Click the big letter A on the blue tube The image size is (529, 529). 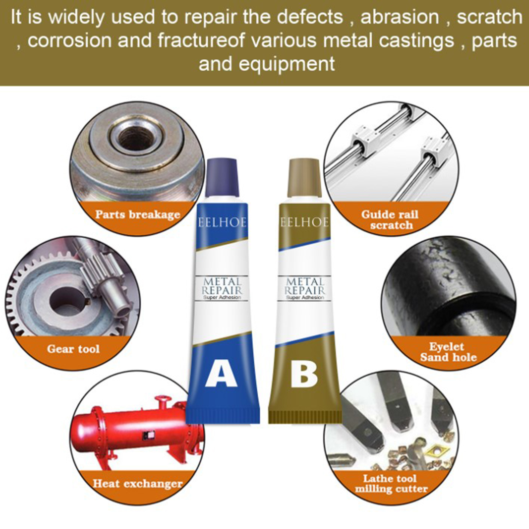pyautogui.click(x=221, y=375)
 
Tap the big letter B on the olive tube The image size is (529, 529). pyautogui.click(x=304, y=375)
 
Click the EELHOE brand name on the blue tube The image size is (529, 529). pyautogui.click(x=222, y=222)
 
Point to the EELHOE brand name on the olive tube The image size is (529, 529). pyautogui.click(x=305, y=222)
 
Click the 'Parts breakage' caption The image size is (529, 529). pyautogui.click(x=138, y=215)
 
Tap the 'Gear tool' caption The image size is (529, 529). pyautogui.click(x=73, y=349)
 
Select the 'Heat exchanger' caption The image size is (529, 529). pyautogui.click(x=138, y=484)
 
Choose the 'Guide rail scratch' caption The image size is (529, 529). pyautogui.click(x=390, y=220)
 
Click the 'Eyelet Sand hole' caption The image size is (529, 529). pyautogui.click(x=448, y=352)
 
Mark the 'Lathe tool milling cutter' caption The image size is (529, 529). pyautogui.click(x=391, y=483)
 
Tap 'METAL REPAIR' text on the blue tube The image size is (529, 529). pyautogui.click(x=222, y=286)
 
